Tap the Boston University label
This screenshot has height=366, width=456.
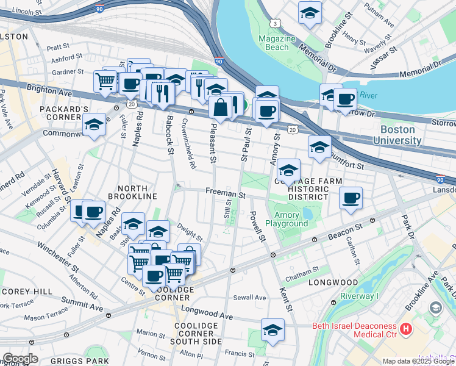point(401,135)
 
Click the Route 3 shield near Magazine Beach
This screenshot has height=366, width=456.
point(276,23)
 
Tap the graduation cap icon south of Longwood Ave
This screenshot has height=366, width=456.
point(273,330)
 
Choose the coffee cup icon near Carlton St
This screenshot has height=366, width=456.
point(351,198)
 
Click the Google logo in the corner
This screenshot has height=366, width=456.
point(20,359)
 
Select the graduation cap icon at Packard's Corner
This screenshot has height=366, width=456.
point(94,126)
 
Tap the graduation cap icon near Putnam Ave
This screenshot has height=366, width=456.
point(310,13)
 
